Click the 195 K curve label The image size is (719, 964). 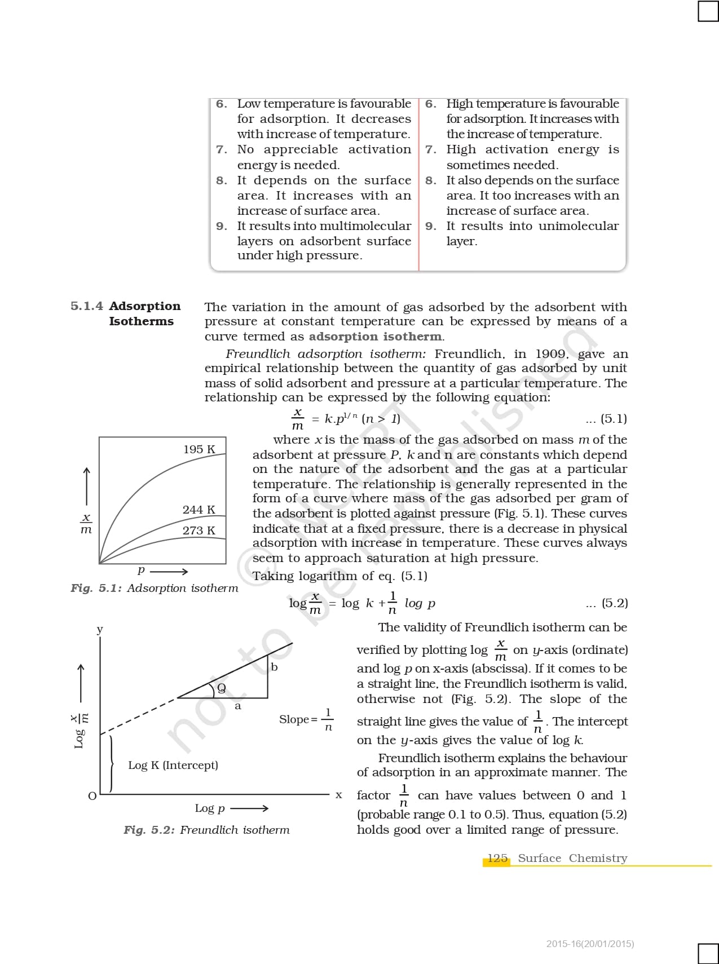tap(199, 449)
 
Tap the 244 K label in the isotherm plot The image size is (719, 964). tap(199, 510)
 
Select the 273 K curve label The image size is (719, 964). tap(199, 530)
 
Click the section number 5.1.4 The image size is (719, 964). tap(87, 306)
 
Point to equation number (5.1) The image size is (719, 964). tap(614, 419)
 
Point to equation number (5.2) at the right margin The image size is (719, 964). tap(614, 603)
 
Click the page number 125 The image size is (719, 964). tap(497, 858)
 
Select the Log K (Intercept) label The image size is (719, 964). tap(173, 765)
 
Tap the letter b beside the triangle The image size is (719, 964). tap(275, 667)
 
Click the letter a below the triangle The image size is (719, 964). tap(237, 706)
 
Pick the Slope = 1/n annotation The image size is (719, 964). tap(306, 719)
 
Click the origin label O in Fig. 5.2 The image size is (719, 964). tap(92, 796)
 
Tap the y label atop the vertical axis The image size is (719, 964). tap(100, 629)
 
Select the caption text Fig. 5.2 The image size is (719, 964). tap(149, 830)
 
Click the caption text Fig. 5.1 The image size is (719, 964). tap(96, 588)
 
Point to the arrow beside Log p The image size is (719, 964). tap(249, 808)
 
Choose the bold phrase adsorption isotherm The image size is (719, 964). tap(375, 337)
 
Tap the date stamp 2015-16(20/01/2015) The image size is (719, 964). tap(590, 944)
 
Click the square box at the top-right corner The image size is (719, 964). tap(708, 11)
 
